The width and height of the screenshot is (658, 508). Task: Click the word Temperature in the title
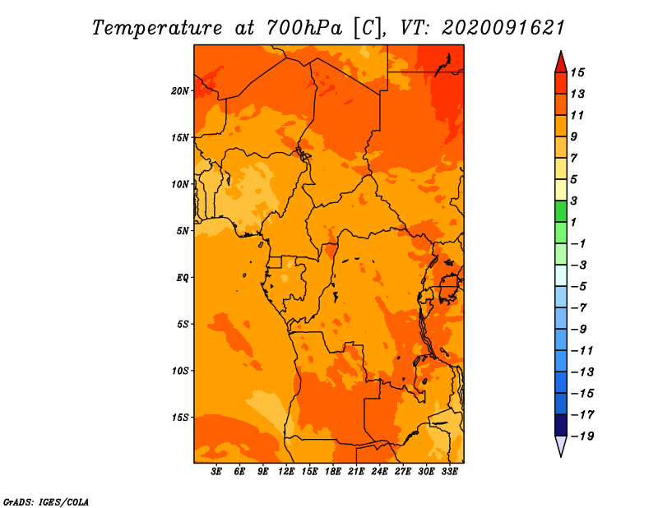(157, 28)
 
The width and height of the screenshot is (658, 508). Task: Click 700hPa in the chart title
(304, 28)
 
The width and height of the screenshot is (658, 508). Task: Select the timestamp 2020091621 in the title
(503, 28)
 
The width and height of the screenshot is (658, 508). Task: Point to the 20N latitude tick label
(180, 91)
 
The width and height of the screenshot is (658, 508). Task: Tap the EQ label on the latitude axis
(183, 278)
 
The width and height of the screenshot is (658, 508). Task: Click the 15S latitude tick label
(180, 418)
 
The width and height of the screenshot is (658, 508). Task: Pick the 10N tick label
(180, 184)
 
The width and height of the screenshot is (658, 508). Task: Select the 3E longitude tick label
(216, 471)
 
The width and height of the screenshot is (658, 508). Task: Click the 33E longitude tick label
(449, 471)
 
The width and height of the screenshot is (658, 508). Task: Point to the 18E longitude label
(333, 471)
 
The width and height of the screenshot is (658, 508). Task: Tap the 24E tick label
(379, 471)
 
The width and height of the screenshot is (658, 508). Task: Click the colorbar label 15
(577, 72)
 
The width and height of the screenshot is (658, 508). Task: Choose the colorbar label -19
(582, 436)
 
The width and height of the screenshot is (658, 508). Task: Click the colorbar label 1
(573, 222)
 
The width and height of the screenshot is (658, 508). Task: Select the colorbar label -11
(582, 351)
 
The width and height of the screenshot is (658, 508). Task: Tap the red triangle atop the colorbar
(561, 63)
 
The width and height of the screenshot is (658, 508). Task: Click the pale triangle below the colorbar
(561, 446)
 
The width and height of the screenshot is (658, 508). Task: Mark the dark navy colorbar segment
(561, 425)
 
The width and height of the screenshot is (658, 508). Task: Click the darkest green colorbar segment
(561, 211)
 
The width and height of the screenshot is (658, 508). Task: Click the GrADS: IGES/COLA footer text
(46, 502)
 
